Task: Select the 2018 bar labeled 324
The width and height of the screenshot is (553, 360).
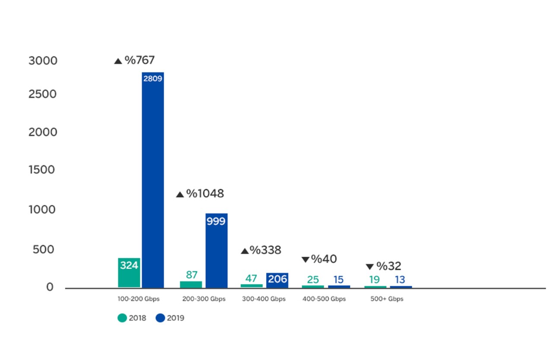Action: tap(129, 272)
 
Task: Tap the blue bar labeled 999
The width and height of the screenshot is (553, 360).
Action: tap(216, 251)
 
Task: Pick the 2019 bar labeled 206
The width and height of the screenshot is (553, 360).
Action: tap(277, 280)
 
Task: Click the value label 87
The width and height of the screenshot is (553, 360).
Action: tap(191, 275)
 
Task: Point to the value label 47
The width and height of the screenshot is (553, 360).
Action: tap(251, 278)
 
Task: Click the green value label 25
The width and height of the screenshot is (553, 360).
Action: tap(313, 280)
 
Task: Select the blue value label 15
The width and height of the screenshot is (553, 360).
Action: tap(338, 280)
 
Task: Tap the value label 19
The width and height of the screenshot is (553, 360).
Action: tap(374, 280)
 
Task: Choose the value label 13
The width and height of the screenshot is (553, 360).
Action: tap(400, 280)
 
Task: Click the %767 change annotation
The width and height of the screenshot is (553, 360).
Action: tap(139, 60)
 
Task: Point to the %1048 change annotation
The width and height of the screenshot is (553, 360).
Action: tap(205, 194)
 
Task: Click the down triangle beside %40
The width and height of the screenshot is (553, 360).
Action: tap(305, 260)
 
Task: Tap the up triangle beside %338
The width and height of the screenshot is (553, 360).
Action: tap(245, 251)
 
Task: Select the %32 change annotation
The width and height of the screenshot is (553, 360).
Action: tap(388, 266)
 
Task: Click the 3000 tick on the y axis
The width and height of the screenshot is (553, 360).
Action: tap(43, 61)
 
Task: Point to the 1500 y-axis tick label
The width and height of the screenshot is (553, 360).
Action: tap(43, 170)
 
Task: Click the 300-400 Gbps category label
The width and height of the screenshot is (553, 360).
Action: tap(264, 299)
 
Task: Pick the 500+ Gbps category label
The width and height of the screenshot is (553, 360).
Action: tap(387, 299)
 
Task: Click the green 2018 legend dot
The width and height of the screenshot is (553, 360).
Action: tap(122, 318)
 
